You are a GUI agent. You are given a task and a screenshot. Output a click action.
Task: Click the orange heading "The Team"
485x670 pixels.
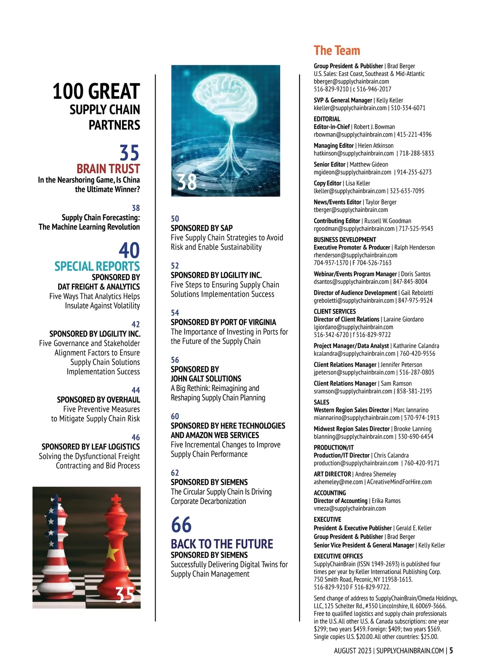(337, 51)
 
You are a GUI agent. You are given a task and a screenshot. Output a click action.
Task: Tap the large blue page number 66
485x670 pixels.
(181, 525)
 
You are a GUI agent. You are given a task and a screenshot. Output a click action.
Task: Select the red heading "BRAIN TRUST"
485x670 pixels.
(108, 169)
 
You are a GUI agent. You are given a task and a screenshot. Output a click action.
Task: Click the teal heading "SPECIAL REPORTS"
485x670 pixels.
(97, 266)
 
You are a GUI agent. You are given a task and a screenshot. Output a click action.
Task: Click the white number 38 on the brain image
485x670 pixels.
(187, 182)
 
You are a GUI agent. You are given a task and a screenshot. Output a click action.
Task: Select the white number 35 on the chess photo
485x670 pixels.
(124, 595)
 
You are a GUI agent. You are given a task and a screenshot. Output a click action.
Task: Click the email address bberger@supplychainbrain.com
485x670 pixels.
(351, 81)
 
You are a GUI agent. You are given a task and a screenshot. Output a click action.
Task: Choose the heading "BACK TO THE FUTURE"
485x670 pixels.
(222, 544)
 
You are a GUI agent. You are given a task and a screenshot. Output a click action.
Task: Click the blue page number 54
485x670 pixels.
(175, 313)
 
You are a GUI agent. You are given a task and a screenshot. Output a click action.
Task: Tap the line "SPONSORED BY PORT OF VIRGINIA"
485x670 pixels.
(223, 322)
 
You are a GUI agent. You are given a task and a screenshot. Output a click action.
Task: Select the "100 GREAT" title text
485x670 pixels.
(96, 91)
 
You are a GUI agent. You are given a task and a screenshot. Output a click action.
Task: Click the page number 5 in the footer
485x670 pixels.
(451, 651)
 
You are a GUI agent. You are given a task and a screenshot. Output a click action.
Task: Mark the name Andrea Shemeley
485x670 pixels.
(375, 474)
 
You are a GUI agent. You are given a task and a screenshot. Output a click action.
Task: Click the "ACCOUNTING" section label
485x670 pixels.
(330, 493)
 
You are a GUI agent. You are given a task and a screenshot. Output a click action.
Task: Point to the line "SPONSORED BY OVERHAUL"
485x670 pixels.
(98, 399)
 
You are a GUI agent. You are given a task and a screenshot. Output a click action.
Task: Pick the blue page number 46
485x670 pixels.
(136, 437)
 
